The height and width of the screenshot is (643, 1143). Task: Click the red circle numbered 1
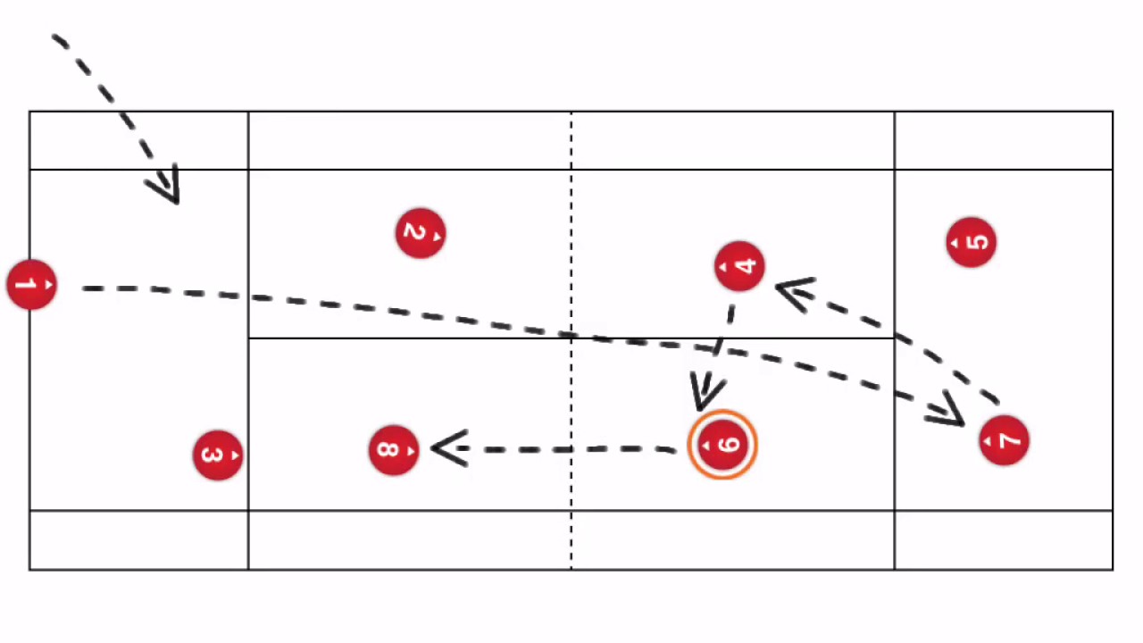pyautogui.click(x=31, y=286)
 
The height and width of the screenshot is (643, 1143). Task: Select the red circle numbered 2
pyautogui.click(x=420, y=234)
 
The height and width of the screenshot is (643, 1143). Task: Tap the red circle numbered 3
pyautogui.click(x=217, y=455)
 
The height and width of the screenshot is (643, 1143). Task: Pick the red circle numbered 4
pyautogui.click(x=739, y=266)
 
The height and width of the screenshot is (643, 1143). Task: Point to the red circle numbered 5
pyautogui.click(x=971, y=242)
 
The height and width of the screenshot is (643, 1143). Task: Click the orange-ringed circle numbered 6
pyautogui.click(x=722, y=445)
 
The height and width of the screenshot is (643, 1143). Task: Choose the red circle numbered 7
pyautogui.click(x=1004, y=440)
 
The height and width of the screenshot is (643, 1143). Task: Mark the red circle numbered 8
pyautogui.click(x=393, y=449)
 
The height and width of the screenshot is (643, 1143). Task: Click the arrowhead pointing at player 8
pyautogui.click(x=446, y=448)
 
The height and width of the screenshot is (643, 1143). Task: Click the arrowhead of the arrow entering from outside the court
pyautogui.click(x=167, y=187)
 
